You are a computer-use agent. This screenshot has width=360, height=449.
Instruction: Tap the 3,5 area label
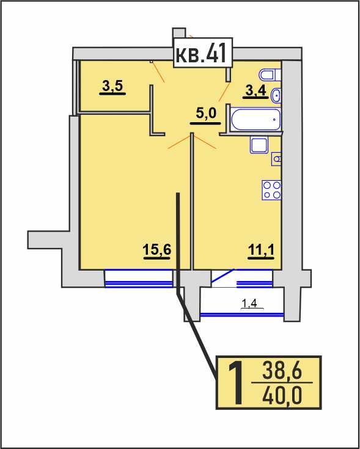(x=112, y=87)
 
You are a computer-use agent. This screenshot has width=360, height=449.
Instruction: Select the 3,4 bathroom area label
(x=255, y=92)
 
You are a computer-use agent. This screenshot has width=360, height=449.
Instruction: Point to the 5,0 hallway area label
(x=205, y=115)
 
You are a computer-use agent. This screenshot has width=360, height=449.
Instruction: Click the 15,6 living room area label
(x=157, y=252)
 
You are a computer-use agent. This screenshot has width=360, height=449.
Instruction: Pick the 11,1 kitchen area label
(x=261, y=252)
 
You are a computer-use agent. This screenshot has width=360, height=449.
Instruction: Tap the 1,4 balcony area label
(x=249, y=304)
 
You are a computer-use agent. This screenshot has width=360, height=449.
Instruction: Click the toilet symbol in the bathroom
(x=270, y=75)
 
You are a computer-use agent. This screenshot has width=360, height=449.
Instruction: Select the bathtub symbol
(x=255, y=119)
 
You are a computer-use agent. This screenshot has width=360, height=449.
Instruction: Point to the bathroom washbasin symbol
(x=276, y=95)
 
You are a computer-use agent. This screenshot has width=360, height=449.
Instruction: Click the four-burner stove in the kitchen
(x=271, y=190)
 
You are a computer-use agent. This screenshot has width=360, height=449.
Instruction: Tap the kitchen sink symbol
(x=276, y=159)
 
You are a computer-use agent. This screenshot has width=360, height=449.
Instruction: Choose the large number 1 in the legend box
(x=237, y=383)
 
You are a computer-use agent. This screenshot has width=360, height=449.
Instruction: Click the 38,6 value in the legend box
(x=282, y=372)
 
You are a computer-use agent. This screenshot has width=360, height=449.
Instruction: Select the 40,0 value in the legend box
(x=282, y=395)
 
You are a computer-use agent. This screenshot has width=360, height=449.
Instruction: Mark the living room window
(x=139, y=279)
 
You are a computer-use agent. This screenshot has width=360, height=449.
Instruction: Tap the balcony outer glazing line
(x=242, y=315)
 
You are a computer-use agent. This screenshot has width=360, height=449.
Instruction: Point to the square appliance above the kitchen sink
(x=260, y=145)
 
